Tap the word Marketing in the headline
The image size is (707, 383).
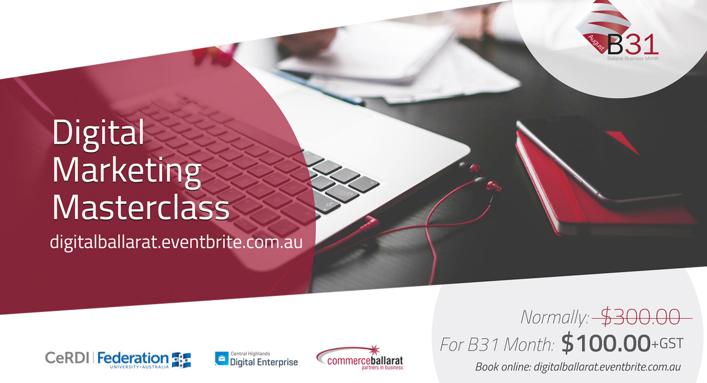126,172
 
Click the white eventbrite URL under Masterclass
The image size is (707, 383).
176,242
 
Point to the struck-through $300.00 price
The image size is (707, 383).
640,317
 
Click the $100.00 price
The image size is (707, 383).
606,343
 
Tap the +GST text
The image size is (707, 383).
667,344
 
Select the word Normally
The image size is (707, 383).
555,318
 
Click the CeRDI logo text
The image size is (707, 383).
67,358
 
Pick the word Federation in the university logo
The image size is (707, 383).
133,358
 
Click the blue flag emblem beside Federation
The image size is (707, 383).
181,360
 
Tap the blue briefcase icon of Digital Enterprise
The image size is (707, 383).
222,359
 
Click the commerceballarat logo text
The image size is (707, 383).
365,361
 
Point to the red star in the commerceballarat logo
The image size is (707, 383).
374,350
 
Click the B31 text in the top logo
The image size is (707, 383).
633,45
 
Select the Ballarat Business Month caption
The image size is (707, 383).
633,59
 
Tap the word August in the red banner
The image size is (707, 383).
596,44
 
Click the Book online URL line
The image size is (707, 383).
578,367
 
